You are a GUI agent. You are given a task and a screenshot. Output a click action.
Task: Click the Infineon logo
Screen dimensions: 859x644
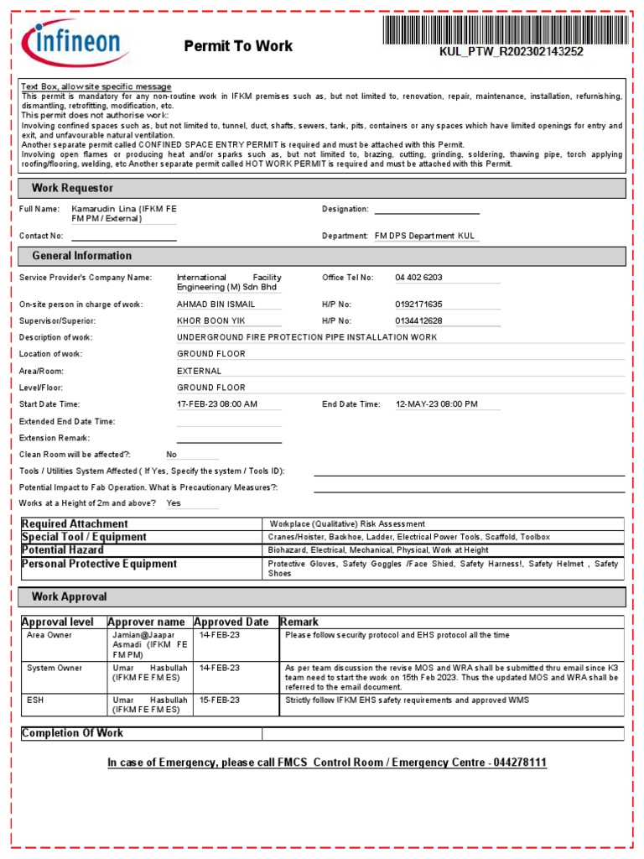tap(75, 43)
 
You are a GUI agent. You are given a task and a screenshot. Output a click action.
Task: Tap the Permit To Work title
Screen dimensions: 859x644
tap(238, 46)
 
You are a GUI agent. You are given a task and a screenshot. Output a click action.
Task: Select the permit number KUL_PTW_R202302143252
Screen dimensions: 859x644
tap(512, 52)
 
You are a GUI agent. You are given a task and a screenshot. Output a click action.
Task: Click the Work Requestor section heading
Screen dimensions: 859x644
tap(72, 188)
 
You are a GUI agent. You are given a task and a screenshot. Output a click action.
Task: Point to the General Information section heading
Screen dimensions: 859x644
tap(81, 256)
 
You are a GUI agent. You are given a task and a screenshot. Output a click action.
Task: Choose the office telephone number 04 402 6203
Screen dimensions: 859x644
tap(418, 278)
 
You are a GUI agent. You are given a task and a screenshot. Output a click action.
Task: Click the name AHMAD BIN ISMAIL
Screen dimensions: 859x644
tap(216, 305)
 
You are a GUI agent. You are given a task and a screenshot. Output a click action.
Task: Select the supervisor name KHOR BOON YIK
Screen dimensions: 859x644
tap(211, 321)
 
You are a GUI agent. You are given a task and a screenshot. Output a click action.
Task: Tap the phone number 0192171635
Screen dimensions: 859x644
tap(418, 305)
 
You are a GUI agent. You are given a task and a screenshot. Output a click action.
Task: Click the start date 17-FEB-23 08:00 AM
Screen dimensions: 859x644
tap(217, 404)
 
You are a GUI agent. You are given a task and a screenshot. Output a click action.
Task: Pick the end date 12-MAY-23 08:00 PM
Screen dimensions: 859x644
tap(436, 404)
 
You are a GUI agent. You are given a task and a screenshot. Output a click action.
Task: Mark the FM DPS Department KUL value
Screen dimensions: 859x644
tap(425, 237)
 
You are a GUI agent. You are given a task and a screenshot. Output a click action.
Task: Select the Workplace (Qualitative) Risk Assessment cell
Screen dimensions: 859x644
tap(347, 524)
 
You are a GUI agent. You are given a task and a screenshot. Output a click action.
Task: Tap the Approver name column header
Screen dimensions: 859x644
tap(146, 622)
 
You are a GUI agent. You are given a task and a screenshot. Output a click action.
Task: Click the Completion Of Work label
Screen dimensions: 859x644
tap(72, 733)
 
